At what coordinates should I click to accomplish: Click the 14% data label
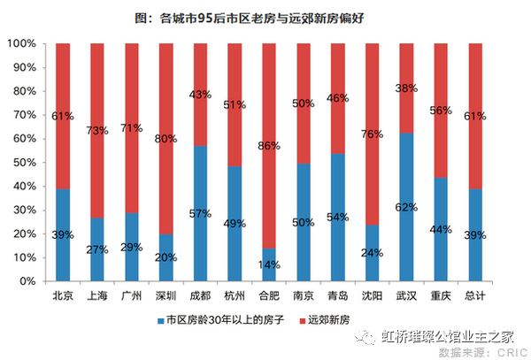click(x=269, y=264)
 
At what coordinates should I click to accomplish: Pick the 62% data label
click(x=407, y=206)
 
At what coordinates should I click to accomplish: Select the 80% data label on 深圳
click(x=166, y=138)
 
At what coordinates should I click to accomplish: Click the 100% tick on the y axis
click(x=22, y=43)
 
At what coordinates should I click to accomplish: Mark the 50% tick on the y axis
click(x=25, y=162)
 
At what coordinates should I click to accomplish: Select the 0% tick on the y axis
click(x=28, y=281)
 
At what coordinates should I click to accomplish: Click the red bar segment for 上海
click(x=97, y=106)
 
